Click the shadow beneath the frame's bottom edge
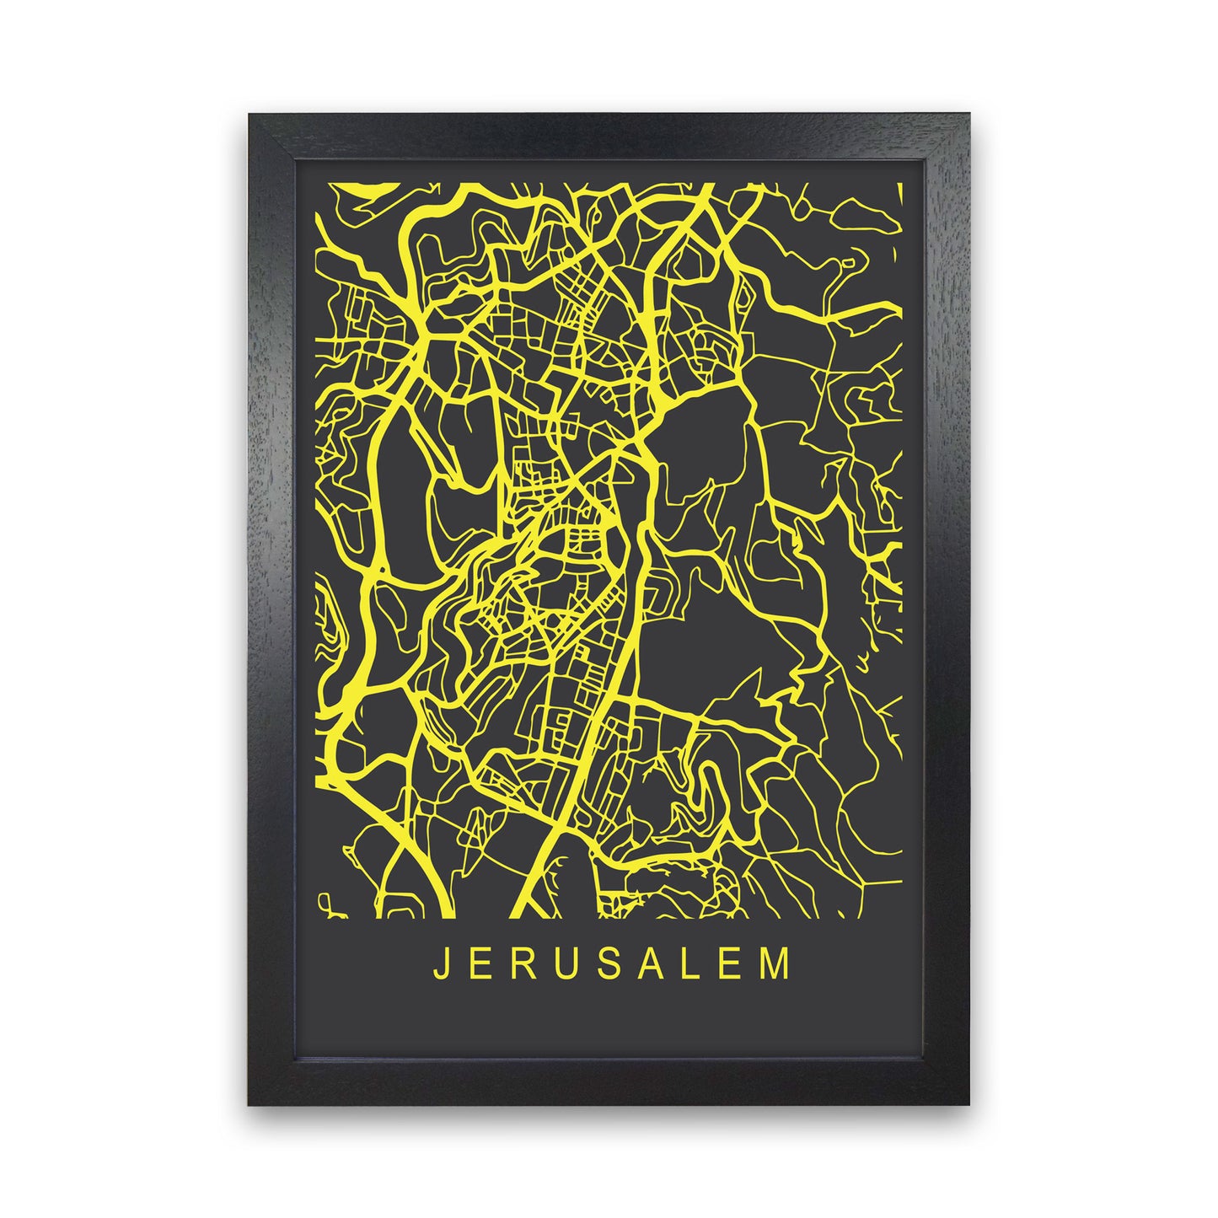pyautogui.click(x=609, y=1113)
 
